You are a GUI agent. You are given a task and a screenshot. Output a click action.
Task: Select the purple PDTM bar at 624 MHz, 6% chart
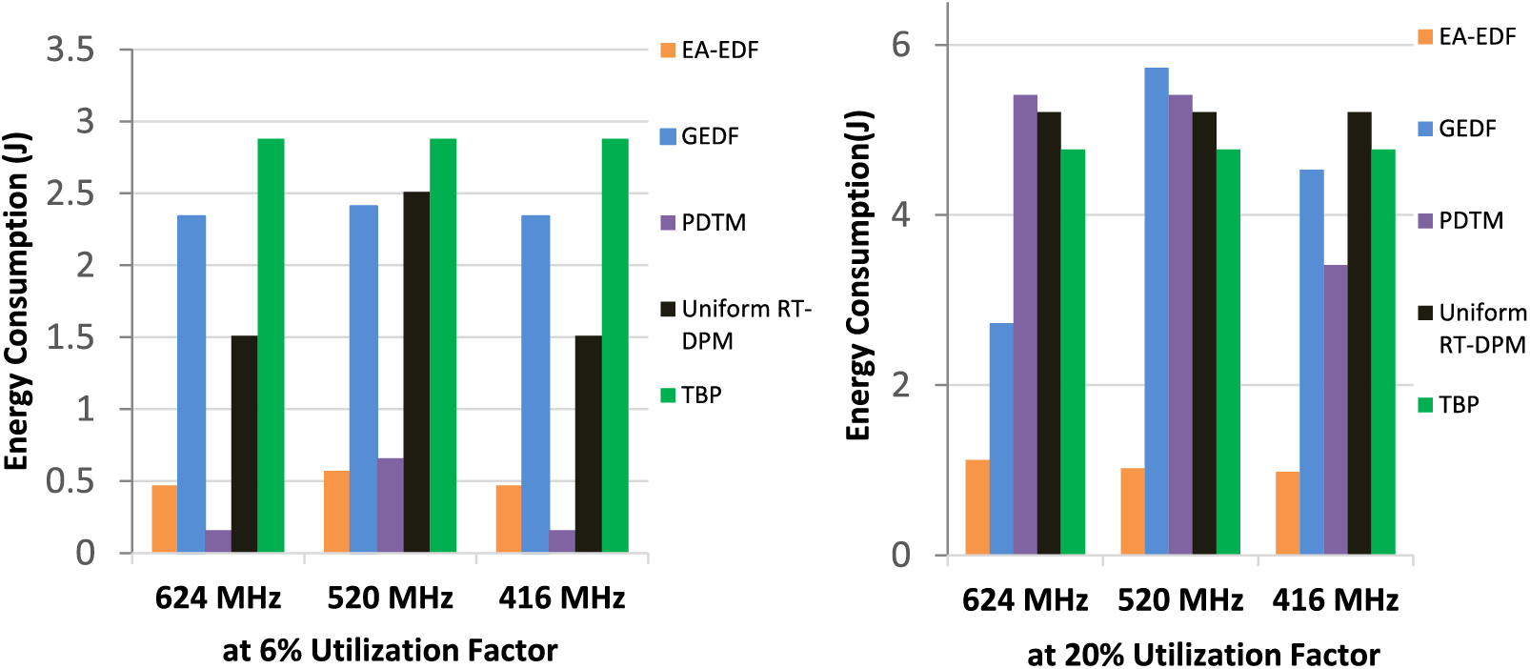(x=218, y=541)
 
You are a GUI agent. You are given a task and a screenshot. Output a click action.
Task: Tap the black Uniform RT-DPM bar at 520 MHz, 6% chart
(x=416, y=372)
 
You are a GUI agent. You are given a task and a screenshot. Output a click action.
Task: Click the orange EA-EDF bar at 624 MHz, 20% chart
(x=977, y=507)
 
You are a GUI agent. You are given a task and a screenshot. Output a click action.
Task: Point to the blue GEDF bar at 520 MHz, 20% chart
(x=1157, y=311)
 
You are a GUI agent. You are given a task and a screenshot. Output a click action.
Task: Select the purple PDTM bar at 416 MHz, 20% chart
(x=1336, y=410)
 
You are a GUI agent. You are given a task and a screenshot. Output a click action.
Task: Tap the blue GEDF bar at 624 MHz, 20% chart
(x=1001, y=438)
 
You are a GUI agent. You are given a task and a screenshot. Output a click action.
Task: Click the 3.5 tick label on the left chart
(x=70, y=50)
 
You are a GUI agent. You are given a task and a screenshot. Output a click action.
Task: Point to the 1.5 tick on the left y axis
(x=70, y=337)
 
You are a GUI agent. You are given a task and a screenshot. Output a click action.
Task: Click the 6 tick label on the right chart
(x=900, y=45)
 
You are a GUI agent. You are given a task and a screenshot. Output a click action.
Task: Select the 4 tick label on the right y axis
(x=900, y=214)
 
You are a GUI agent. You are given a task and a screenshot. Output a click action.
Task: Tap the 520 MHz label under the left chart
(x=390, y=598)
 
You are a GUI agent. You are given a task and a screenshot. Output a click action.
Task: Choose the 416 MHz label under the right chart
(x=1335, y=600)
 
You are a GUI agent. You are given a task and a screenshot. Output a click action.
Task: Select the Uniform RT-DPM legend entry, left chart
(x=744, y=324)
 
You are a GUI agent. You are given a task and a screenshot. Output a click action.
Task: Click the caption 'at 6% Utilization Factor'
(x=390, y=650)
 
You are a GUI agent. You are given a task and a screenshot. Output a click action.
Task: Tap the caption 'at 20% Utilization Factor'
(x=1203, y=655)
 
